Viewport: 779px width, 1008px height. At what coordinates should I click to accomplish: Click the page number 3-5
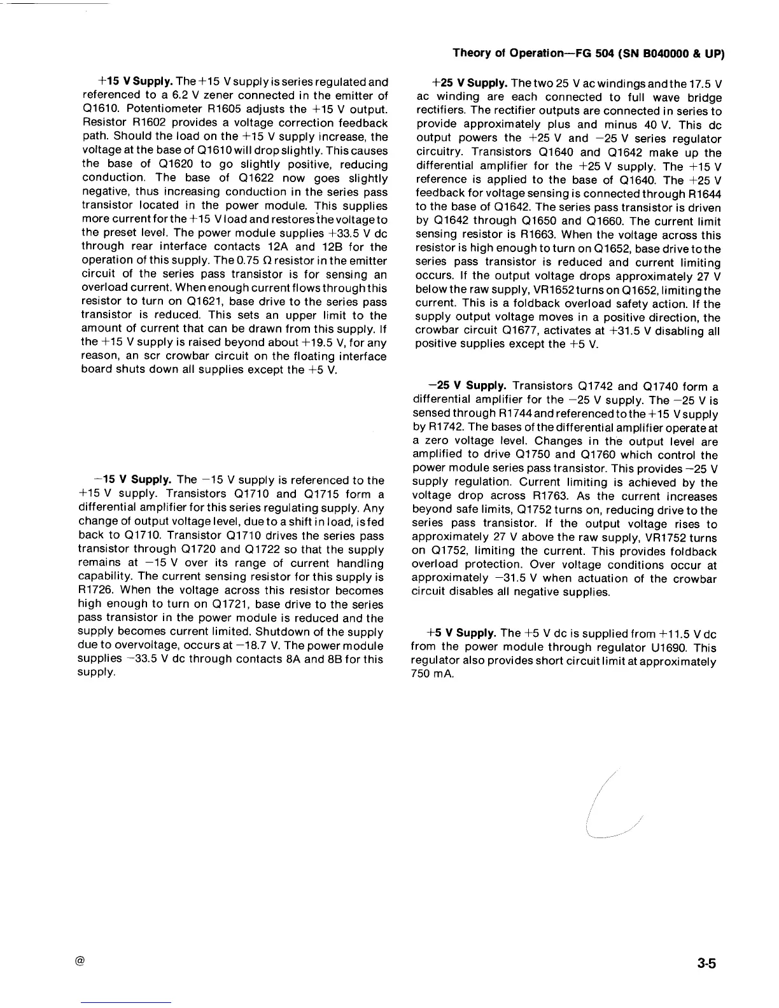pos(706,963)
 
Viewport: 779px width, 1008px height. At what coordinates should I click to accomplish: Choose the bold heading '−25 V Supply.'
pos(468,386)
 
